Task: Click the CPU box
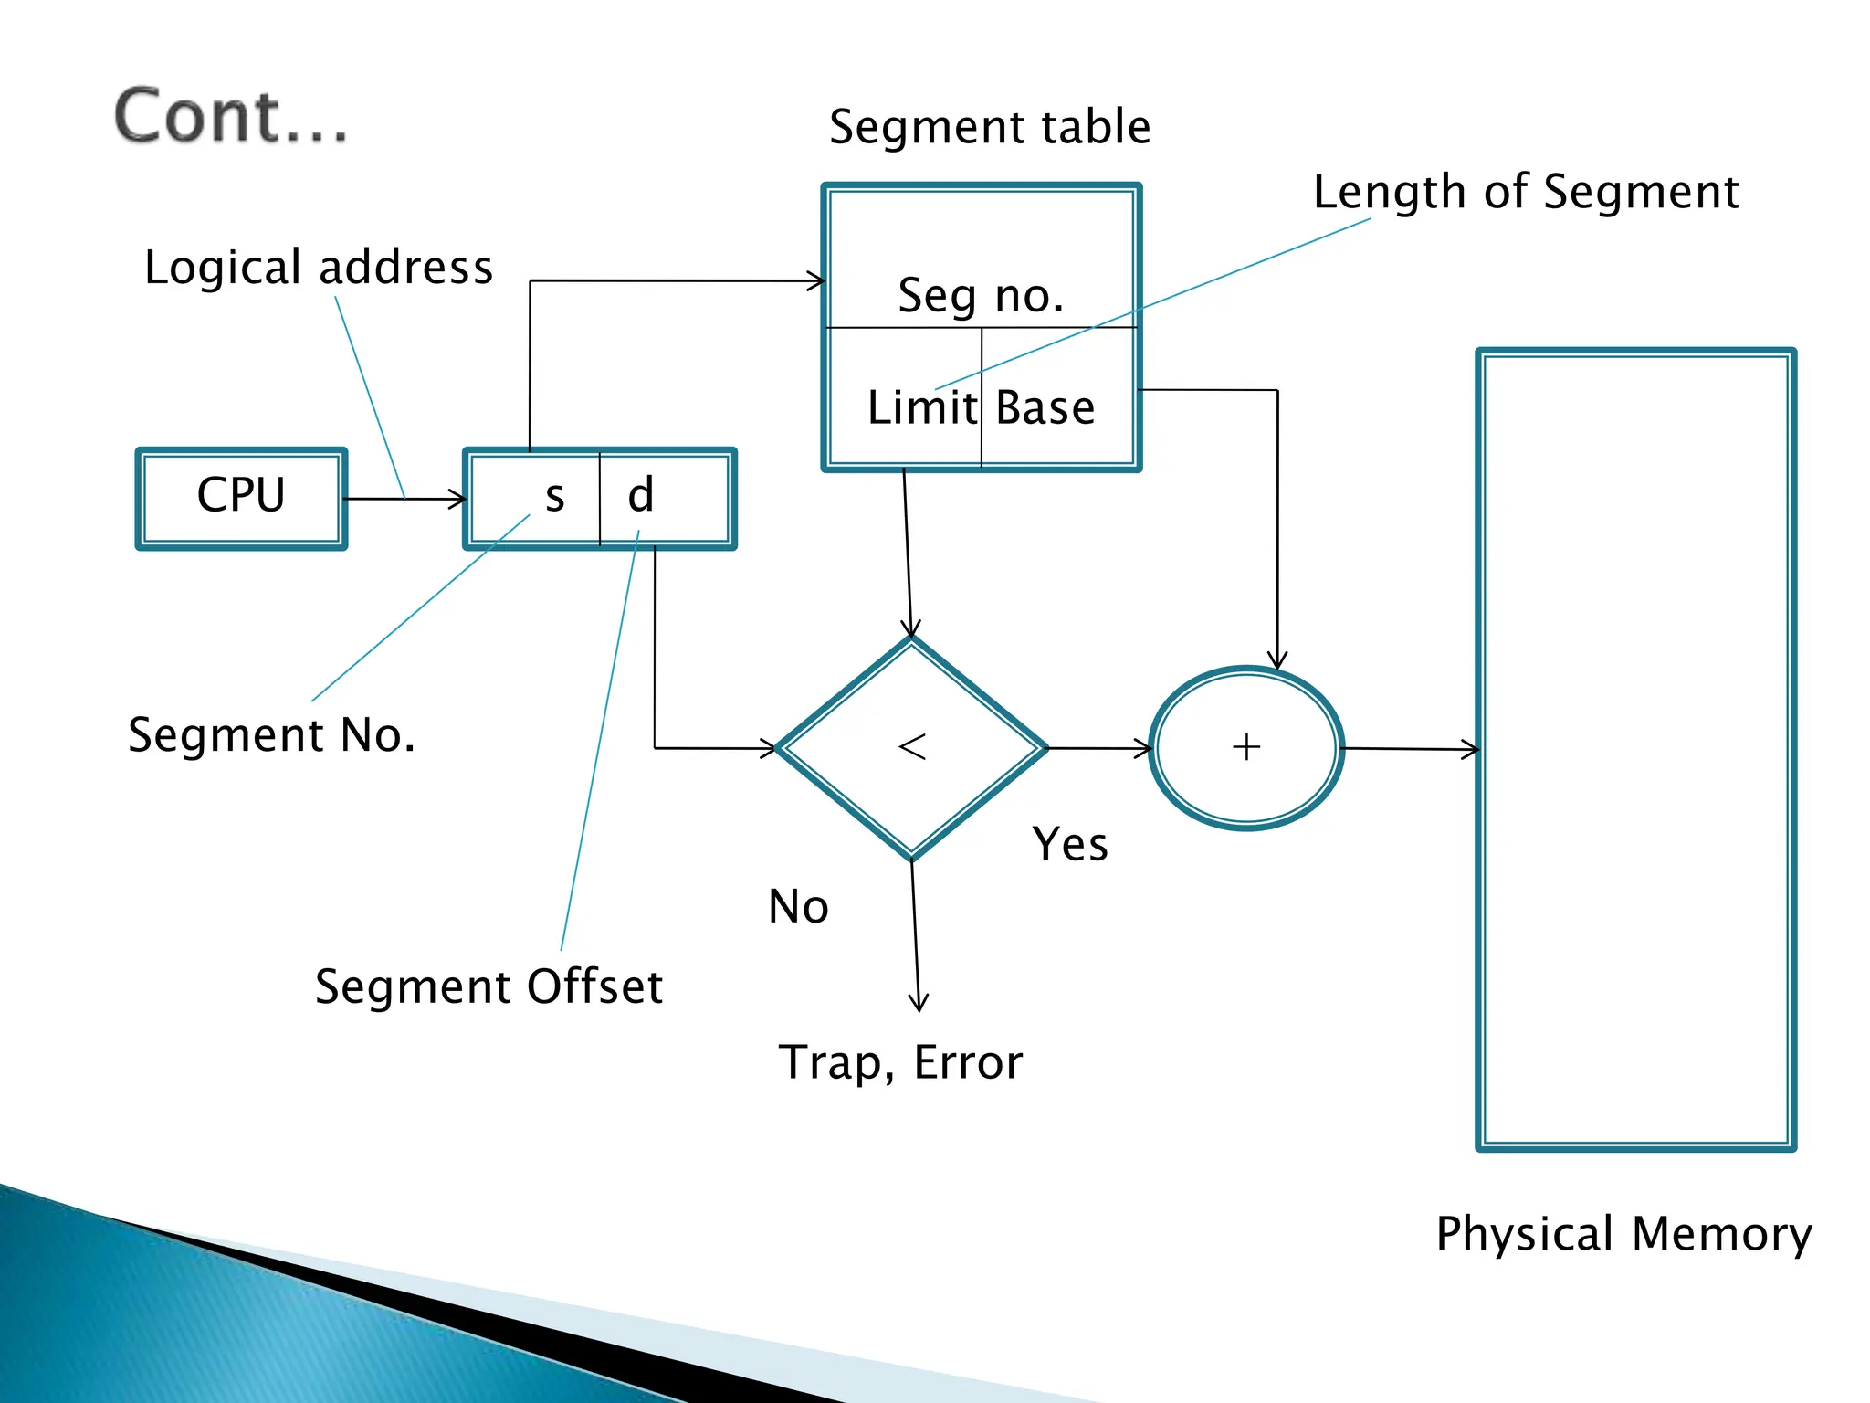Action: point(241,498)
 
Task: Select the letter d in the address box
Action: point(640,495)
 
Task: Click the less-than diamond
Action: point(911,748)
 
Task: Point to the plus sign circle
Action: point(1245,748)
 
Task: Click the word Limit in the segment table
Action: point(921,407)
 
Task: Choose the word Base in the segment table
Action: point(1045,407)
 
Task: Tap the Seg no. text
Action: point(980,296)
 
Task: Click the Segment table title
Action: point(989,127)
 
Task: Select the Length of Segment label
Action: point(1525,193)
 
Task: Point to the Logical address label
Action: point(318,268)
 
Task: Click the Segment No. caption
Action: point(271,735)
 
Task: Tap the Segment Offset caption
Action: point(489,987)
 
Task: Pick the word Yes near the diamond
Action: point(1069,844)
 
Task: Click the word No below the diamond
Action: point(798,907)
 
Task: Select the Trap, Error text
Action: point(899,1063)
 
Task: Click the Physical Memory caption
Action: point(1623,1235)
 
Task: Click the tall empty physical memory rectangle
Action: point(1635,749)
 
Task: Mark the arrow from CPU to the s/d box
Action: point(404,499)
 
